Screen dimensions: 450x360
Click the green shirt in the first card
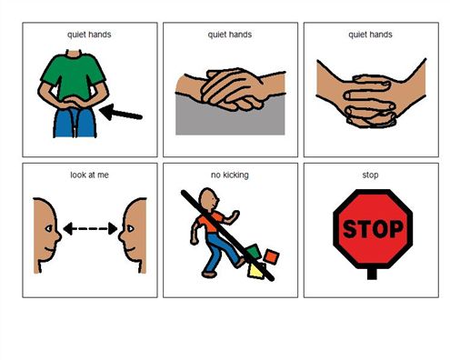73,75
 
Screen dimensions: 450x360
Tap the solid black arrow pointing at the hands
121,113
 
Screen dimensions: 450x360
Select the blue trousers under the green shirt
75,122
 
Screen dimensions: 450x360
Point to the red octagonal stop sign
373,229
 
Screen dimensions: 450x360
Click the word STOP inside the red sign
373,229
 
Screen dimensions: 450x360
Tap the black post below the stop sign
372,274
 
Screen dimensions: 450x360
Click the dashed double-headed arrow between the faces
90,228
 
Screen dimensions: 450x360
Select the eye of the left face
48,228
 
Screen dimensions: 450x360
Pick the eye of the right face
131,228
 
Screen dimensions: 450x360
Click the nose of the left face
58,235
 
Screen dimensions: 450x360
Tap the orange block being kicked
271,256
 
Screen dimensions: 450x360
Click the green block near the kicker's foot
254,252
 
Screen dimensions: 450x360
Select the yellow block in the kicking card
256,271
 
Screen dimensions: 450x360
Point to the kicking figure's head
208,199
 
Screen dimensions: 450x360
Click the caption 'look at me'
89,175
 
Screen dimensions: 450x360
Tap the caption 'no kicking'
230,175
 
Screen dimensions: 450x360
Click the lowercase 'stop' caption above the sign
370,175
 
